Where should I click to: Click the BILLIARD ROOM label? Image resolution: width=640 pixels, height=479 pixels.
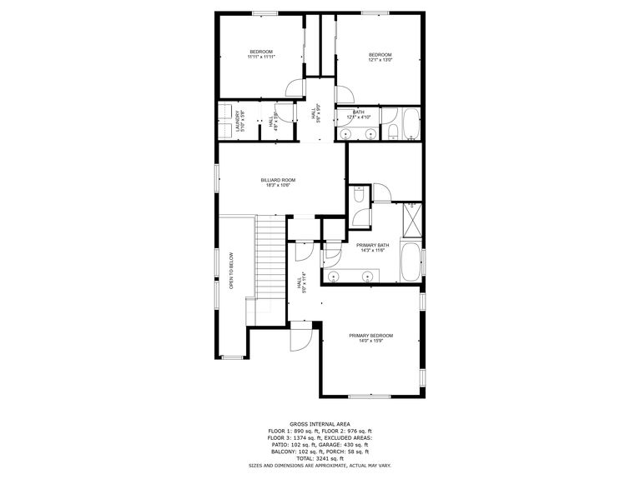tap(278, 180)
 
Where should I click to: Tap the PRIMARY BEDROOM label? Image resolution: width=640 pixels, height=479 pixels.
tap(370, 336)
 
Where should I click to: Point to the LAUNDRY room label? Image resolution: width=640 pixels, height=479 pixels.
tap(239, 122)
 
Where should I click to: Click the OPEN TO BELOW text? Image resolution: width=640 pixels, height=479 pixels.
tap(231, 271)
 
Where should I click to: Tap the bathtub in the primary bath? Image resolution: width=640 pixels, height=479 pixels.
tap(411, 262)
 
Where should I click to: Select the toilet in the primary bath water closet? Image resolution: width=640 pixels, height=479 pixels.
tap(356, 197)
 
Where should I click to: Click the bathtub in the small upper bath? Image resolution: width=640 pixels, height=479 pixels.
tap(411, 123)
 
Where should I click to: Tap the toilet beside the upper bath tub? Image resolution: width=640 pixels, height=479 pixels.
tap(391, 130)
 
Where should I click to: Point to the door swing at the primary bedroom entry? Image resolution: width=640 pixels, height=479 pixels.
tap(300, 337)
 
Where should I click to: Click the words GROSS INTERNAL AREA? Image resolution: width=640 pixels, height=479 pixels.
tap(320, 423)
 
